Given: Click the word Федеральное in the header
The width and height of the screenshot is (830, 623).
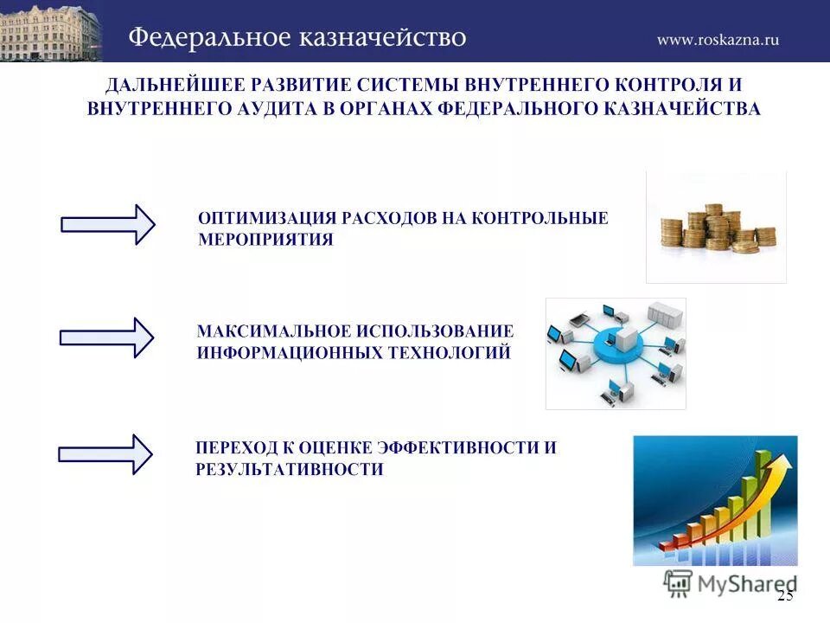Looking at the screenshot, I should click(207, 38).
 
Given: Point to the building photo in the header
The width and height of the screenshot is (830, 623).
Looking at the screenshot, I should click(50, 31).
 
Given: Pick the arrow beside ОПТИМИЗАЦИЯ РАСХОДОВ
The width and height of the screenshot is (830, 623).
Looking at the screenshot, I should click(107, 225).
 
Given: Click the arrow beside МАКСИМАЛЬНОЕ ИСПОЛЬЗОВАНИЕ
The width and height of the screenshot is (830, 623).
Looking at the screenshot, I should click(106, 337).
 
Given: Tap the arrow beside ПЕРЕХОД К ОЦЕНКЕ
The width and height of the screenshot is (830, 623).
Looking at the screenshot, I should click(105, 454).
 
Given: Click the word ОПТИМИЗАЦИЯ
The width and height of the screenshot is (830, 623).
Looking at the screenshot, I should click(267, 218).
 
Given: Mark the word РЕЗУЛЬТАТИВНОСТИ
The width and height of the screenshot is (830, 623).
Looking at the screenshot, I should click(289, 470).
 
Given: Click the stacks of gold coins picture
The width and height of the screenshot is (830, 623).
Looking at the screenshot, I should click(716, 227).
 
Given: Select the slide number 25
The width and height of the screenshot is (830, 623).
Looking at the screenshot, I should click(784, 595).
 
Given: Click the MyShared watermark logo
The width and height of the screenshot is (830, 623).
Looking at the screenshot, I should click(731, 582).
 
